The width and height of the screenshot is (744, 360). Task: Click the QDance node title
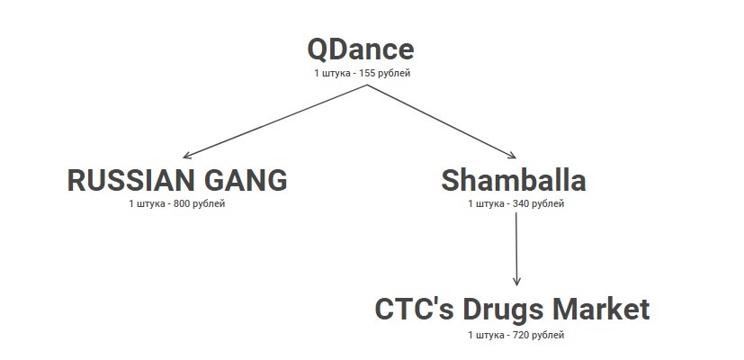point(360,49)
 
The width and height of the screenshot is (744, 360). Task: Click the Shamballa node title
point(514,180)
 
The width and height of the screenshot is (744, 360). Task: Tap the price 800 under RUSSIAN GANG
point(184,204)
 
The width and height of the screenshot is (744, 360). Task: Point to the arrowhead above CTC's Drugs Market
point(516,281)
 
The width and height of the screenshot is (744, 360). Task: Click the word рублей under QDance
point(404,74)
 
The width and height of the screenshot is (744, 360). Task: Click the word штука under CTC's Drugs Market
point(489,335)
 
